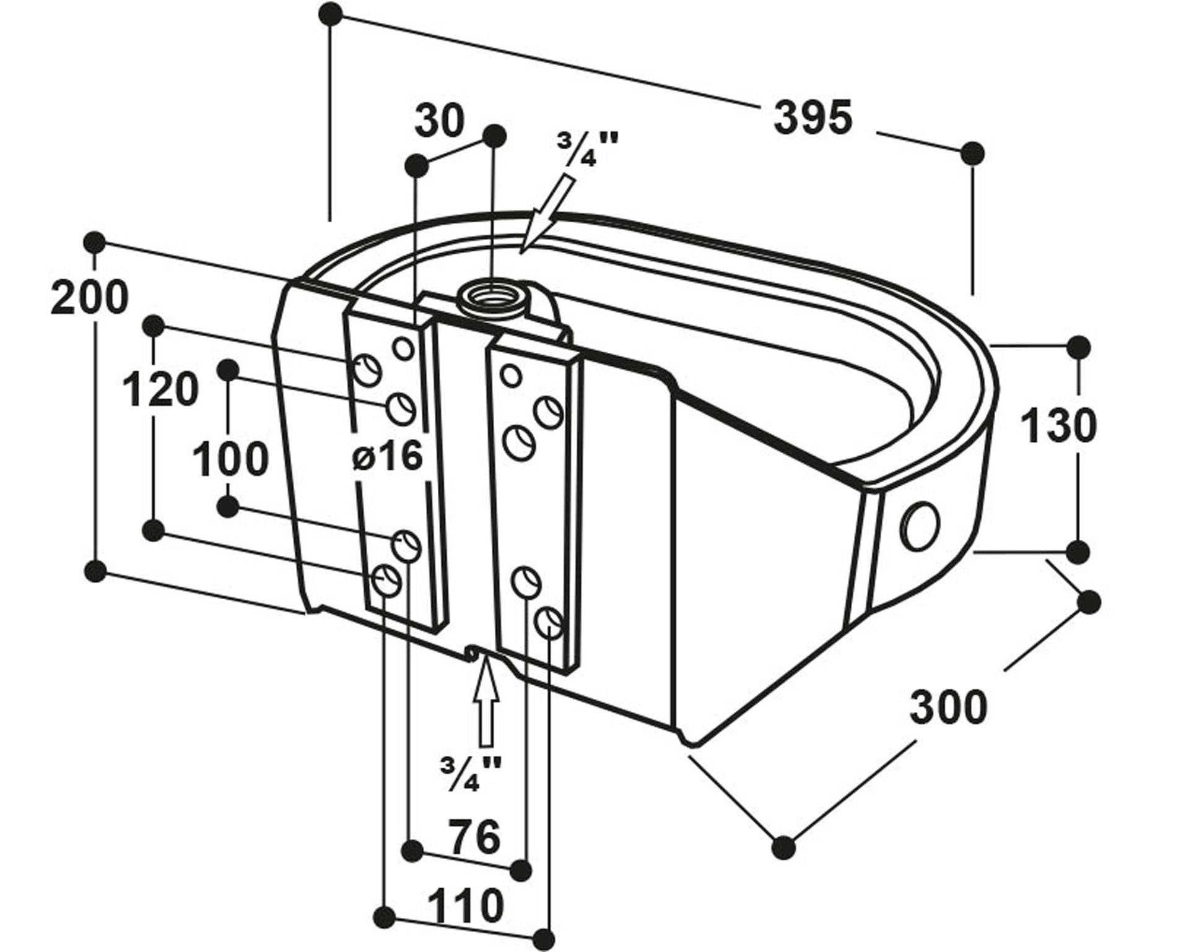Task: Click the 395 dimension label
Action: coord(813,118)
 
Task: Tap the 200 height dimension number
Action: coord(90,298)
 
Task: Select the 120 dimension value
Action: coord(161,390)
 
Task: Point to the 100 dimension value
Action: coord(230,459)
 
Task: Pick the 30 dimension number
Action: coord(440,120)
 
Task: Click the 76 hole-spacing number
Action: coord(474,836)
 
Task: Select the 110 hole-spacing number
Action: coord(466,905)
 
